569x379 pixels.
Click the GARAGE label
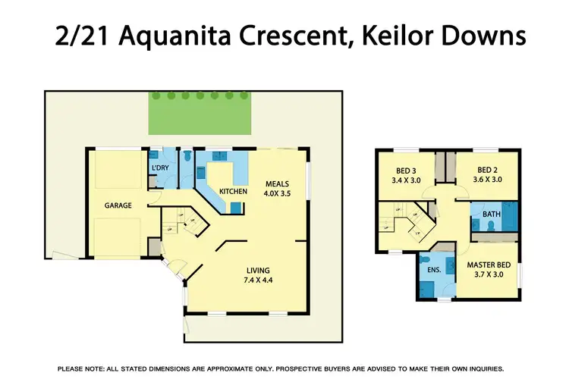pyautogui.click(x=118, y=205)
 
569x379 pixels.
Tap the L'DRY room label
pyautogui.click(x=159, y=167)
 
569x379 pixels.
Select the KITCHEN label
pyautogui.click(x=233, y=192)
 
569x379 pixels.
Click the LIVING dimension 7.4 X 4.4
pyautogui.click(x=257, y=281)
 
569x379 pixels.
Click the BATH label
pyautogui.click(x=491, y=215)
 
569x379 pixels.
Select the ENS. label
pyautogui.click(x=434, y=269)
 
